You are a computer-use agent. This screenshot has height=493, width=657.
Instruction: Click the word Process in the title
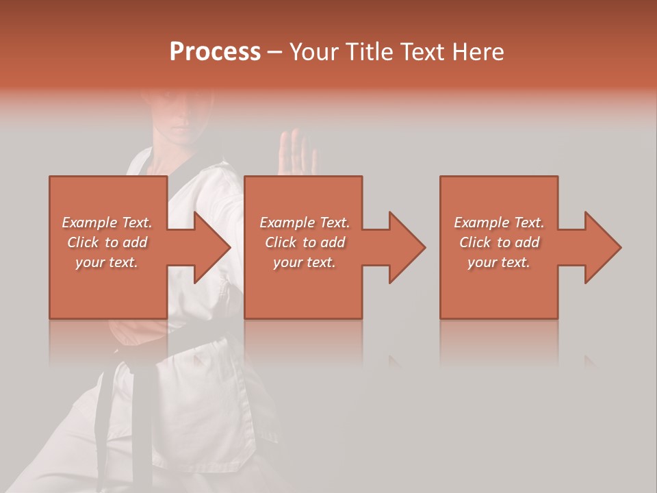215,51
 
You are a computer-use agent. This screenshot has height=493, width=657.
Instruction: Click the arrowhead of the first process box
209,247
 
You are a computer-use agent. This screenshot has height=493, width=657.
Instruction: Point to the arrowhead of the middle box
405,247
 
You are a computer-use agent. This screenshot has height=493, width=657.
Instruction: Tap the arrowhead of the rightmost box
601,247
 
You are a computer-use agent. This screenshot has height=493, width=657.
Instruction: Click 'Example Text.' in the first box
107,223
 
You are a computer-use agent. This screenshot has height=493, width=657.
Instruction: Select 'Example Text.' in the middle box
304,223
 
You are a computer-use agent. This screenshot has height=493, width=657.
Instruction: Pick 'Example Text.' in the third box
499,223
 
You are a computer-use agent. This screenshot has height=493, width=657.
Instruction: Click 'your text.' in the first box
107,262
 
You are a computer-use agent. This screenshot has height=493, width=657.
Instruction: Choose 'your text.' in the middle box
304,262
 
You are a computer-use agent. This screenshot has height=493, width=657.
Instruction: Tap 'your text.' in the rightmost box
499,262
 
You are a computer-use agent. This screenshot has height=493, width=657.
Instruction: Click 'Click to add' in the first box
107,242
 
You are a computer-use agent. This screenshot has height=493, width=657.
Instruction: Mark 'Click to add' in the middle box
304,242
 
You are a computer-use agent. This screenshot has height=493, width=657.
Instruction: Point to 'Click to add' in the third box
499,242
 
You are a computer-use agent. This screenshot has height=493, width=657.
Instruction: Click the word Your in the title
313,51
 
